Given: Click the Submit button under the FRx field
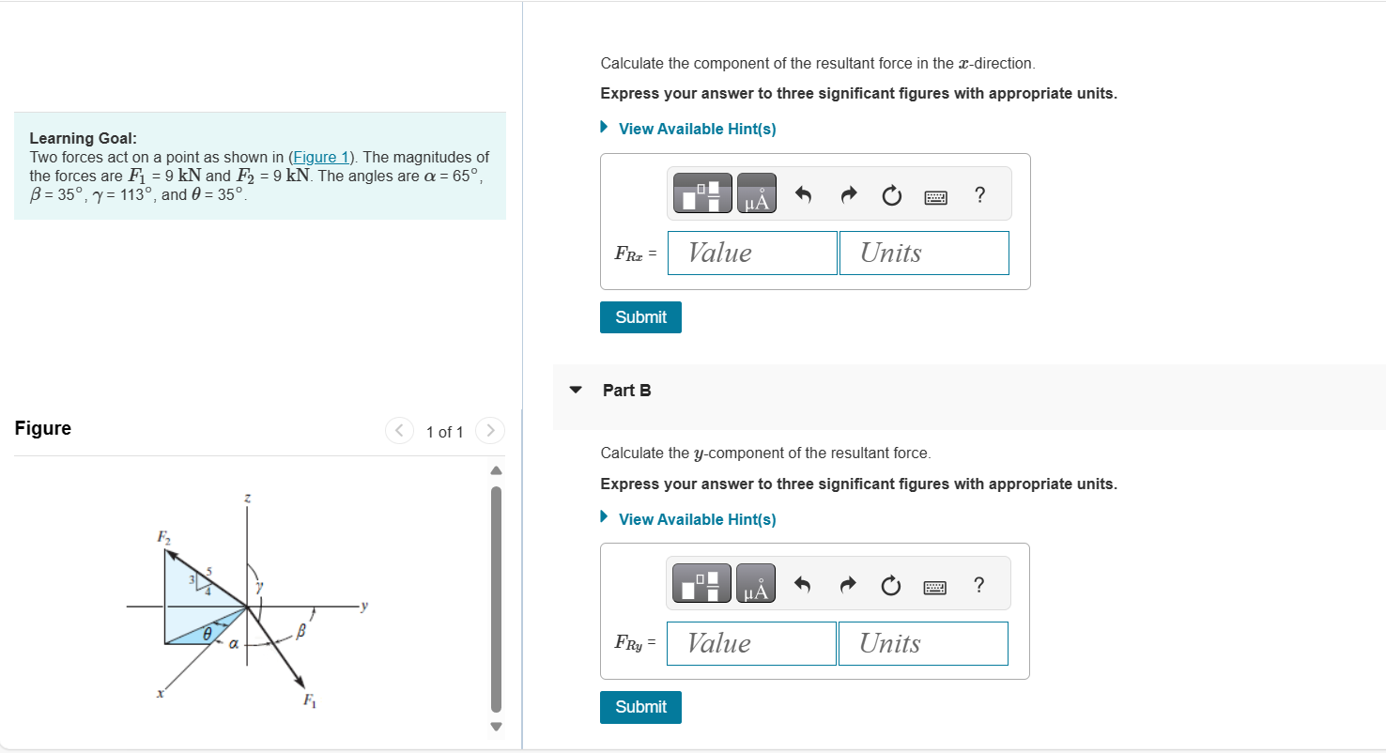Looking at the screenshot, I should (640, 317).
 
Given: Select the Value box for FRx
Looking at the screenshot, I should (751, 254).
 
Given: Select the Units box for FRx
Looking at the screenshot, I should (923, 254).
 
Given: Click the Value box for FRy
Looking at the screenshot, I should (750, 644).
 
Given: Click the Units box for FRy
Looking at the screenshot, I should (922, 644).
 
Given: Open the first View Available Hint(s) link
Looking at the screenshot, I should (697, 129).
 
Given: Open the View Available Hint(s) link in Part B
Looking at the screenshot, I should (697, 519).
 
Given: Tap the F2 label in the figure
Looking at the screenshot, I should (164, 537).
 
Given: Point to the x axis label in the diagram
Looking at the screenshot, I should (161, 696).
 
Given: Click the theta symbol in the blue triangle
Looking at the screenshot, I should (200, 635).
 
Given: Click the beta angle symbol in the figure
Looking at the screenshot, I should (302, 635).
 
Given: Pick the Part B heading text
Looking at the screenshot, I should (626, 391).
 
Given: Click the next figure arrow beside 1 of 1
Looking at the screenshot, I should (489, 431).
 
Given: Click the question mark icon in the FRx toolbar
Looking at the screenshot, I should (980, 195).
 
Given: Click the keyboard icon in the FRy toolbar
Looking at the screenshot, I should (935, 587).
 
